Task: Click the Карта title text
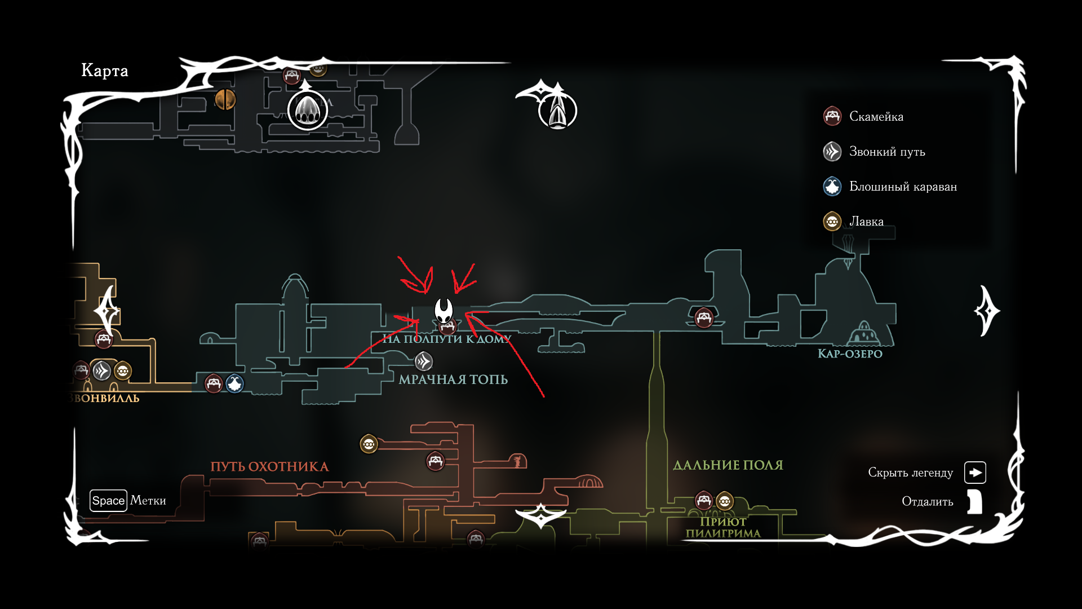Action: [105, 70]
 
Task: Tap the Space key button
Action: [108, 501]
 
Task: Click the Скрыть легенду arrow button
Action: [975, 473]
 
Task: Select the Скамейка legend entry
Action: [876, 117]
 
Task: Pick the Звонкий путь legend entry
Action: [886, 152]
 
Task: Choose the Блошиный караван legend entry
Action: [902, 187]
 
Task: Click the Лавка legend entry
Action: [866, 222]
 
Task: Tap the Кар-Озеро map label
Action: [850, 354]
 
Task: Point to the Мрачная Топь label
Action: [453, 379]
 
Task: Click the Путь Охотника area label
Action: [269, 467]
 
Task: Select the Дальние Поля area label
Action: [728, 465]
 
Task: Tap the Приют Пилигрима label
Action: [723, 528]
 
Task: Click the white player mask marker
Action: [444, 310]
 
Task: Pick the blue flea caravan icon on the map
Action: [235, 383]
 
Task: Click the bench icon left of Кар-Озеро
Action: [704, 317]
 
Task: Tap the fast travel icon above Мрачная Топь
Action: [424, 361]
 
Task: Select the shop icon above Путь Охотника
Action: [369, 444]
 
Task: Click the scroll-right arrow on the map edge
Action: [987, 311]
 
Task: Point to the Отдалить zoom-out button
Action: [974, 501]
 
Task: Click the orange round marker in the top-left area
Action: [225, 99]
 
